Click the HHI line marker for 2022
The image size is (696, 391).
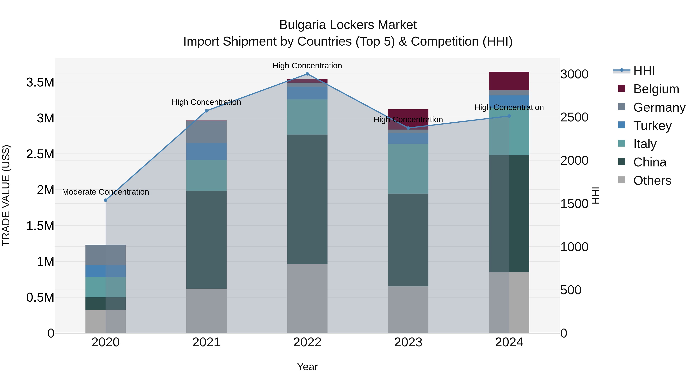(307, 74)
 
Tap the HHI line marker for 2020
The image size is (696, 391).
(106, 200)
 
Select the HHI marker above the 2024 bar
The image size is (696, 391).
(509, 116)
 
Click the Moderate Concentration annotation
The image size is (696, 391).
(106, 192)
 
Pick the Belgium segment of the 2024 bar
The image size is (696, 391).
(509, 81)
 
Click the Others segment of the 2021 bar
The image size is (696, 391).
(206, 311)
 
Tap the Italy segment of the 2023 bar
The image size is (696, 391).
(408, 169)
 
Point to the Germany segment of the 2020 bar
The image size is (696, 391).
(106, 255)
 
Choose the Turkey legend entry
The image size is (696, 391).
(652, 126)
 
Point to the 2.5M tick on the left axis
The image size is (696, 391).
(40, 154)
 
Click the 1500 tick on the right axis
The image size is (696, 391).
(574, 204)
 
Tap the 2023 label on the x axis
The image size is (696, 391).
(408, 342)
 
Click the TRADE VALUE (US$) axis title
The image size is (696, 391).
(6, 195)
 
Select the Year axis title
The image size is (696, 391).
(307, 367)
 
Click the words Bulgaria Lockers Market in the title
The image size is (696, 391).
(348, 25)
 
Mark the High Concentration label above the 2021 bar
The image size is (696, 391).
(206, 102)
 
